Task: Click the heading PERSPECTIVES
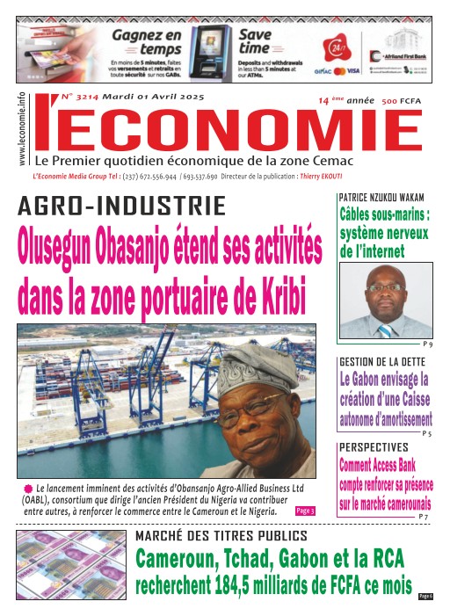tap(374, 447)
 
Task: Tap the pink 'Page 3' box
tap(305, 510)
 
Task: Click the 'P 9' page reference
tap(427, 343)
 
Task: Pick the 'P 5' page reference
tap(426, 434)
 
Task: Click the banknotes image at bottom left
tap(69, 564)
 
